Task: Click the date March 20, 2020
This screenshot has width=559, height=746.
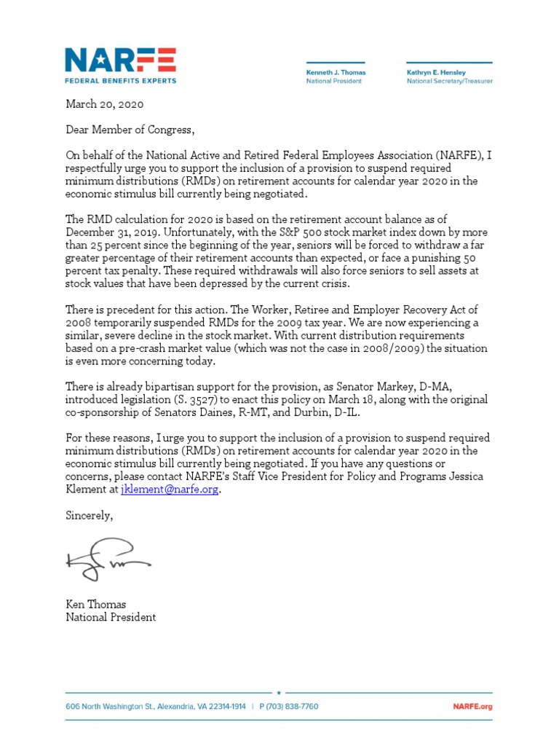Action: [105, 104]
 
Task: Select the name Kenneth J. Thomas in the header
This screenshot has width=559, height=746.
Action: [336, 73]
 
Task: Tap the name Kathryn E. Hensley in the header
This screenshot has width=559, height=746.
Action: [440, 73]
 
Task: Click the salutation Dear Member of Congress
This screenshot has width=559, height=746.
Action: [130, 130]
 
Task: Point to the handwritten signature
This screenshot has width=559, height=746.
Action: [108, 560]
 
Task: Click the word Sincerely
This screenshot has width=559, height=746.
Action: [90, 515]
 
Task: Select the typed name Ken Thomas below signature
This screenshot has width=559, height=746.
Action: [95, 604]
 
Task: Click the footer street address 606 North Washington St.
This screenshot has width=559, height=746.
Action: [124, 707]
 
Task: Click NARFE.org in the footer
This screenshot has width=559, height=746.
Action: [472, 707]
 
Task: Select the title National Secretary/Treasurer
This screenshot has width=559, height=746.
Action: [449, 82]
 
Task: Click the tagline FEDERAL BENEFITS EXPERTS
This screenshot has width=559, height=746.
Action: [120, 80]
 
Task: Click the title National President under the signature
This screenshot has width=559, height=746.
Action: [111, 617]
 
